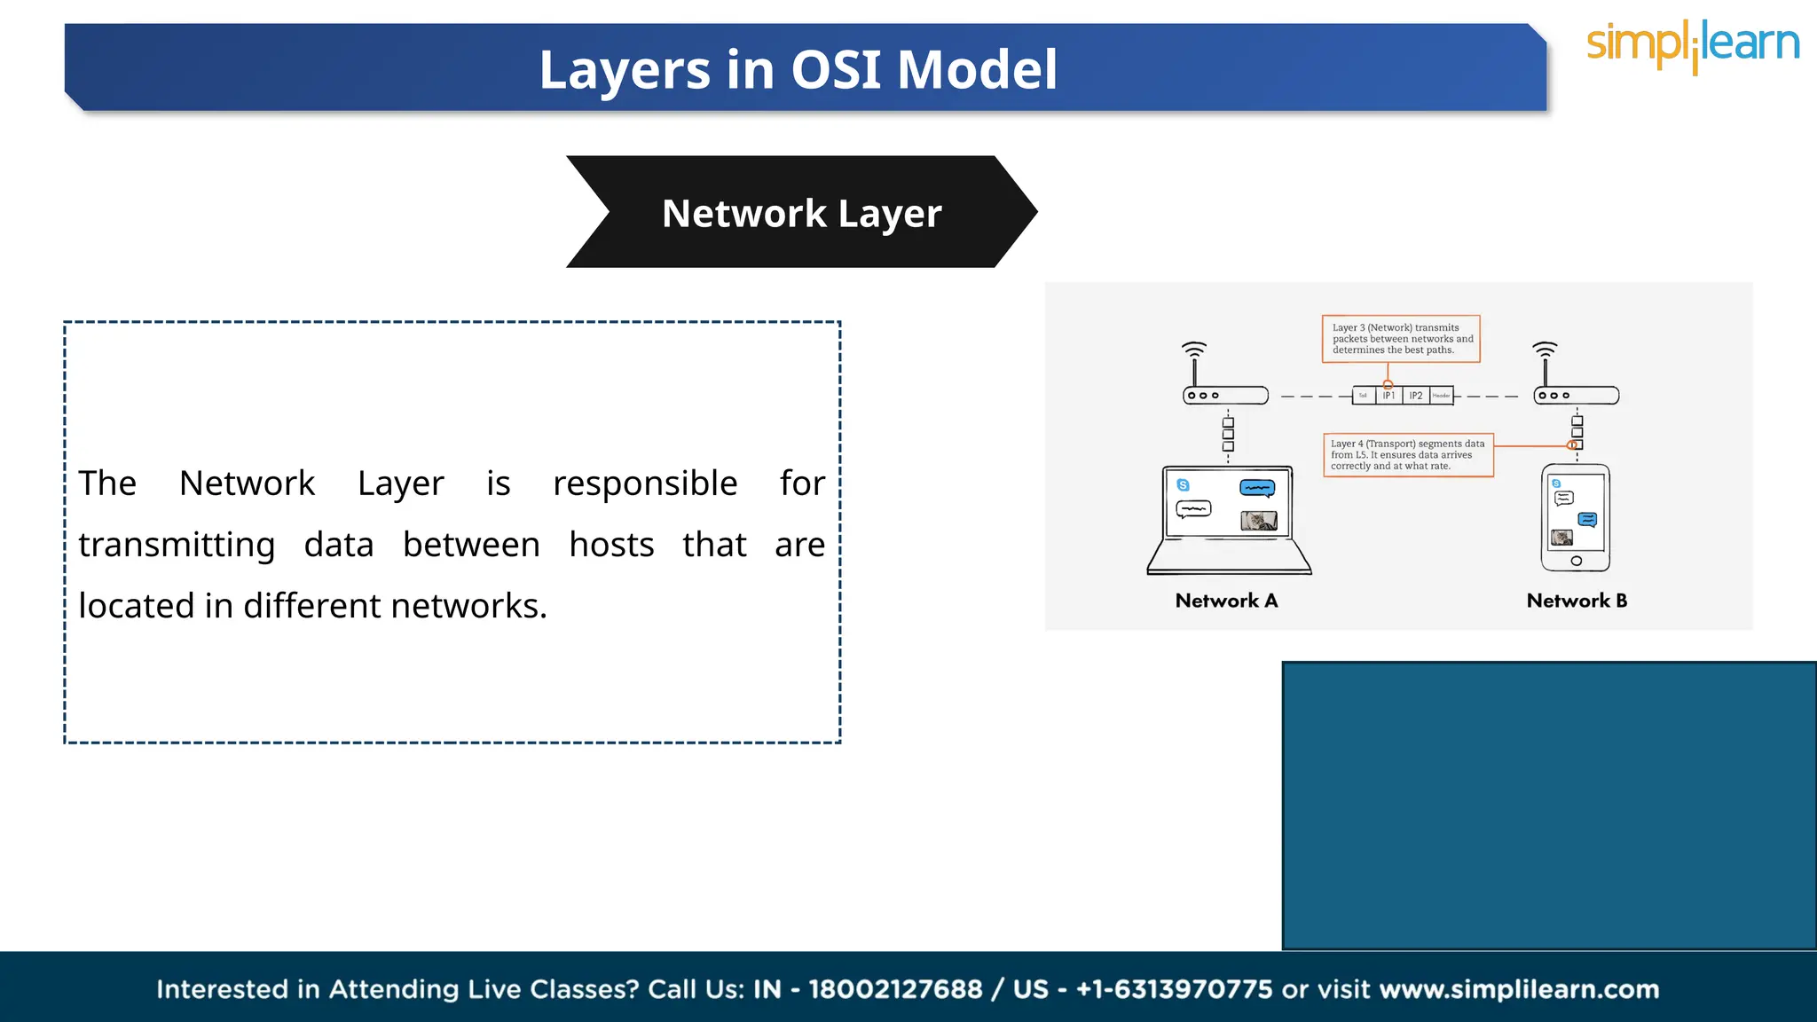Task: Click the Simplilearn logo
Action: pos(1692,44)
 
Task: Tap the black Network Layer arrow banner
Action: pos(801,213)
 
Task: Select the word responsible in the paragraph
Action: pos(645,483)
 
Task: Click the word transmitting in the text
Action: pos(177,545)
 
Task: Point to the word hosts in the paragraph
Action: pos(611,545)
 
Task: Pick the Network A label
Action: pos(1226,601)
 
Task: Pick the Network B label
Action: pos(1577,601)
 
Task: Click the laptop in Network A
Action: pos(1229,519)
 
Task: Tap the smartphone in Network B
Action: pos(1576,517)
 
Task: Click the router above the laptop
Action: pos(1225,395)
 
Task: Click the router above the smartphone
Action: pos(1577,395)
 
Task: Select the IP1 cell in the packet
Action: pos(1388,396)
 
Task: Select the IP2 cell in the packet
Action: pos(1416,396)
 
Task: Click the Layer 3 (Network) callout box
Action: pos(1401,339)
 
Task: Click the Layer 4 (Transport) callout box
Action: pos(1408,455)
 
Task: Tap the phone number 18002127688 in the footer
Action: pos(895,989)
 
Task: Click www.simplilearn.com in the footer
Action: pos(1519,989)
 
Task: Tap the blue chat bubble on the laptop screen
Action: pos(1257,488)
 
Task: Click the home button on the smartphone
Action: pos(1576,561)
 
